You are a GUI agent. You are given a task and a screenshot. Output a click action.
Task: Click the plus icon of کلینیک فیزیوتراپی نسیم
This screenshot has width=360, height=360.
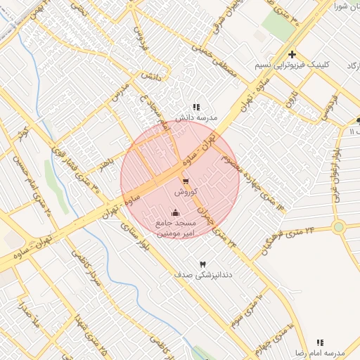292,54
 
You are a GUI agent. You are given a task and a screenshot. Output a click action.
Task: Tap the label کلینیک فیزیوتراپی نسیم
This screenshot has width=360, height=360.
292,65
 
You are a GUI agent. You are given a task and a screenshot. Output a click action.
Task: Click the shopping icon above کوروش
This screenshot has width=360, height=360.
185,181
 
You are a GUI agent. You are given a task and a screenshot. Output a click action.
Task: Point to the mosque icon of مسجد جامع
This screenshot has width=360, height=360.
175,213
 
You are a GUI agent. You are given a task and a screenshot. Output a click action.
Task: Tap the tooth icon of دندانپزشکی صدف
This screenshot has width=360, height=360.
204,262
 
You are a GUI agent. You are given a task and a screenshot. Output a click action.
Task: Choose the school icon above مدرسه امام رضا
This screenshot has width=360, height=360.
320,342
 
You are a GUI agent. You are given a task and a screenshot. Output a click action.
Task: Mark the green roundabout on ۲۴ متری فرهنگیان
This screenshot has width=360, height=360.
339,227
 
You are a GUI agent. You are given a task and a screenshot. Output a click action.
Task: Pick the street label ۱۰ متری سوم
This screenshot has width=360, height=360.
245,310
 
